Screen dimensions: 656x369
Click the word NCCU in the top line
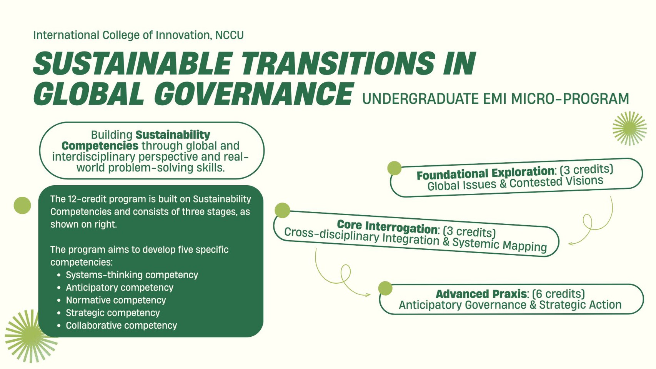click(x=229, y=35)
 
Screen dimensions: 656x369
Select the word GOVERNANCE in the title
click(x=253, y=94)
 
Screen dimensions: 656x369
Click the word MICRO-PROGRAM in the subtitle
click(x=570, y=99)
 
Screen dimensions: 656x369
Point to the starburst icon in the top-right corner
click(x=629, y=128)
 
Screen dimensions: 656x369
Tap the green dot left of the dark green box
click(x=22, y=205)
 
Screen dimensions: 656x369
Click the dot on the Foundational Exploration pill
click(x=394, y=168)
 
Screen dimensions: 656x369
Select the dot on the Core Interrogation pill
click(x=282, y=210)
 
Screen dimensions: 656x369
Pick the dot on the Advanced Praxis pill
click(x=385, y=288)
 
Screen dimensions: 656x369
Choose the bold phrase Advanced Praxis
click(x=481, y=294)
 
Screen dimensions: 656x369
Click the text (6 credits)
click(x=558, y=294)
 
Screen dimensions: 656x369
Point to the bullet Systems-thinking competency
click(x=132, y=275)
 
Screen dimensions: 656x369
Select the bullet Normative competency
click(x=116, y=300)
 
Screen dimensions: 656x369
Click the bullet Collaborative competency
click(x=121, y=325)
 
